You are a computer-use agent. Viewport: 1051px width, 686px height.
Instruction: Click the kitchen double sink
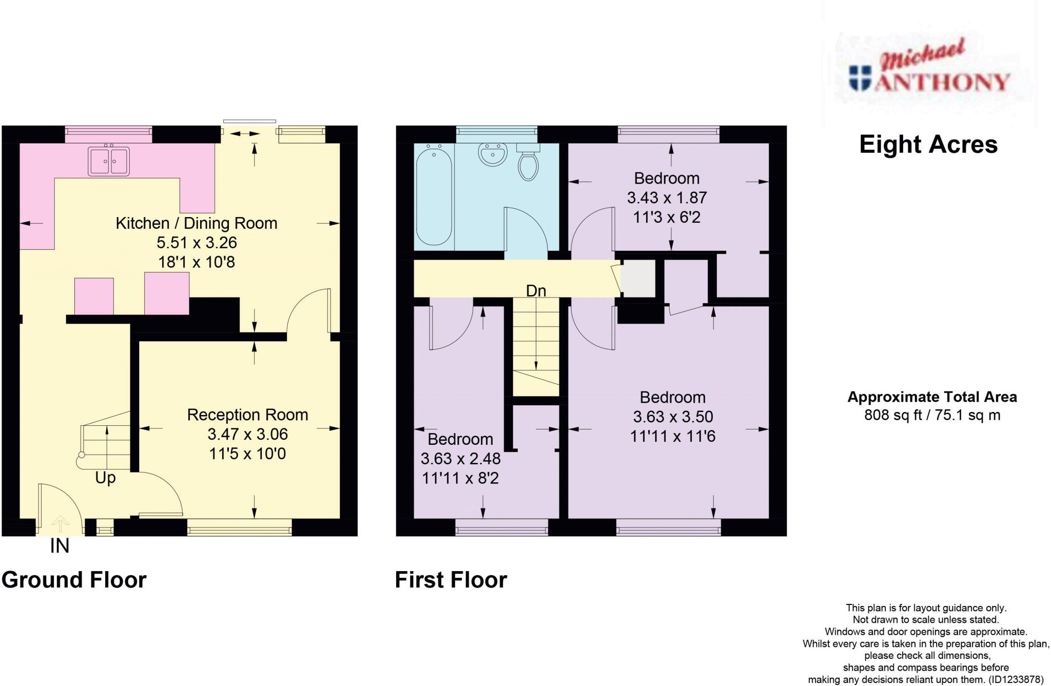click(108, 161)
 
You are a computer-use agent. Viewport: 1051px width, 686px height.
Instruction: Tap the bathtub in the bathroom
click(434, 194)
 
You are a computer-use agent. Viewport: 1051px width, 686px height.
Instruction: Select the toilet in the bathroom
click(528, 163)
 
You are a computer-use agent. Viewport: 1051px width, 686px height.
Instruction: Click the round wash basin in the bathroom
click(493, 153)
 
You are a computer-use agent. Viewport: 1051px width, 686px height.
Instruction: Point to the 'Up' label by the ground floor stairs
click(105, 478)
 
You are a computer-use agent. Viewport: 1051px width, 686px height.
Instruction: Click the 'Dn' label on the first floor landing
click(536, 291)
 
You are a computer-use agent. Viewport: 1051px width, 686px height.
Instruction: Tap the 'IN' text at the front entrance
click(60, 546)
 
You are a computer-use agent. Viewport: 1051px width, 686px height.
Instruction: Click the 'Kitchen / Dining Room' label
click(196, 223)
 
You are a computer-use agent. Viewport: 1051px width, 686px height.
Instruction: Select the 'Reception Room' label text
click(247, 415)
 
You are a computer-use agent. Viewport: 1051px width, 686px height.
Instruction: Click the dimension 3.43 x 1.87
click(667, 198)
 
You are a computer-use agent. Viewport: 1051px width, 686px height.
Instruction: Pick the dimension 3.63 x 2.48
click(460, 458)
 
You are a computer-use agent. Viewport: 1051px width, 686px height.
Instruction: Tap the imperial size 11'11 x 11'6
click(672, 436)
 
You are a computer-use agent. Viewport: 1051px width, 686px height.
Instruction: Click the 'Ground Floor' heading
click(74, 580)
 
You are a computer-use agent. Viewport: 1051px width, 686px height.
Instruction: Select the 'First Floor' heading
click(451, 580)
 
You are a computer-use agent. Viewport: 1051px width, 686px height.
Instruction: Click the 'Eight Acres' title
click(928, 145)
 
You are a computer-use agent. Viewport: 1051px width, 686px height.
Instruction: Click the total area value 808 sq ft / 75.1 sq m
click(932, 415)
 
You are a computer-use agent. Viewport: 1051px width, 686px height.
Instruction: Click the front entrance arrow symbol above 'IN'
click(61, 524)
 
